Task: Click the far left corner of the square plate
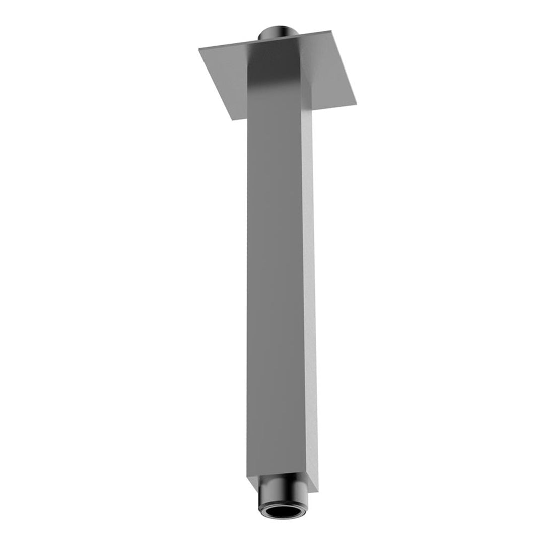pos(199,49)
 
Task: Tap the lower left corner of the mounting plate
pos(232,120)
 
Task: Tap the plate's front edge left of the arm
pos(239,118)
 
